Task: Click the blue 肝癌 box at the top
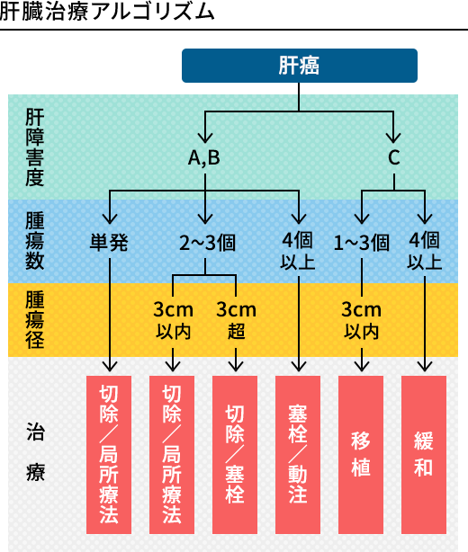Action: [300, 66]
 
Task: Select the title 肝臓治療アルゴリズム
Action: [107, 12]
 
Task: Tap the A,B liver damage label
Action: [204, 157]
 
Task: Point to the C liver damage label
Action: [393, 157]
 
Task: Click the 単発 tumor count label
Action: [109, 243]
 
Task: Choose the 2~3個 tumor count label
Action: [207, 243]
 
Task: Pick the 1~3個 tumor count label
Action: [362, 243]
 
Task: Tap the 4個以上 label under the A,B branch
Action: [298, 251]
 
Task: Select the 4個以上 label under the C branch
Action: [425, 251]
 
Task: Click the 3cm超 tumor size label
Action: [236, 320]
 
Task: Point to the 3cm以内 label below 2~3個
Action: [173, 320]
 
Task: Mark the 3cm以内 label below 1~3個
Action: [362, 320]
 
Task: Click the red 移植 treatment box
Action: [361, 455]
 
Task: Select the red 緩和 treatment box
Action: [424, 455]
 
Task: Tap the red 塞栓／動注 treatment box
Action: [298, 455]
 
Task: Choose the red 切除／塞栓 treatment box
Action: [235, 455]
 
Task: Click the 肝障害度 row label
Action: [34, 147]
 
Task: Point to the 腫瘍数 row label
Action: [34, 241]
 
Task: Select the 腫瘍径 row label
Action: [34, 319]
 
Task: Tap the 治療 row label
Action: [36, 451]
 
